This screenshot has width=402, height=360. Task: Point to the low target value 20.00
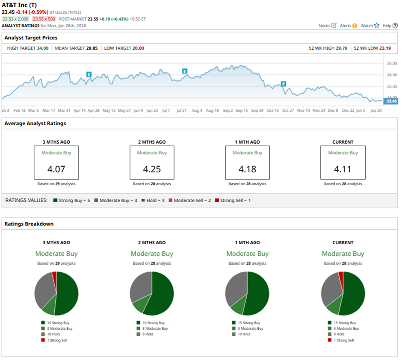(138, 48)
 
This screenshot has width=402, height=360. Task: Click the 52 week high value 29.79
(341, 48)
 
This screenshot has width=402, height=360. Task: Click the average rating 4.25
(152, 169)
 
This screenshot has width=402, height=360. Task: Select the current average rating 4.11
(343, 169)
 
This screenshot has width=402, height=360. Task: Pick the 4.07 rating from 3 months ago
(56, 169)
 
